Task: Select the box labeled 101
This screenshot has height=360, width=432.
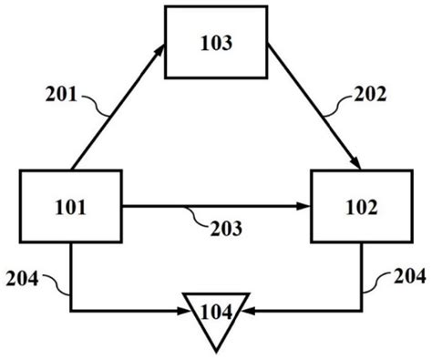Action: [x=70, y=207]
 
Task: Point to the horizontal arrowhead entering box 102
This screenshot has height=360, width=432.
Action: [x=306, y=207]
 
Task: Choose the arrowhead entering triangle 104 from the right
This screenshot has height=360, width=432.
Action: [x=248, y=311]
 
